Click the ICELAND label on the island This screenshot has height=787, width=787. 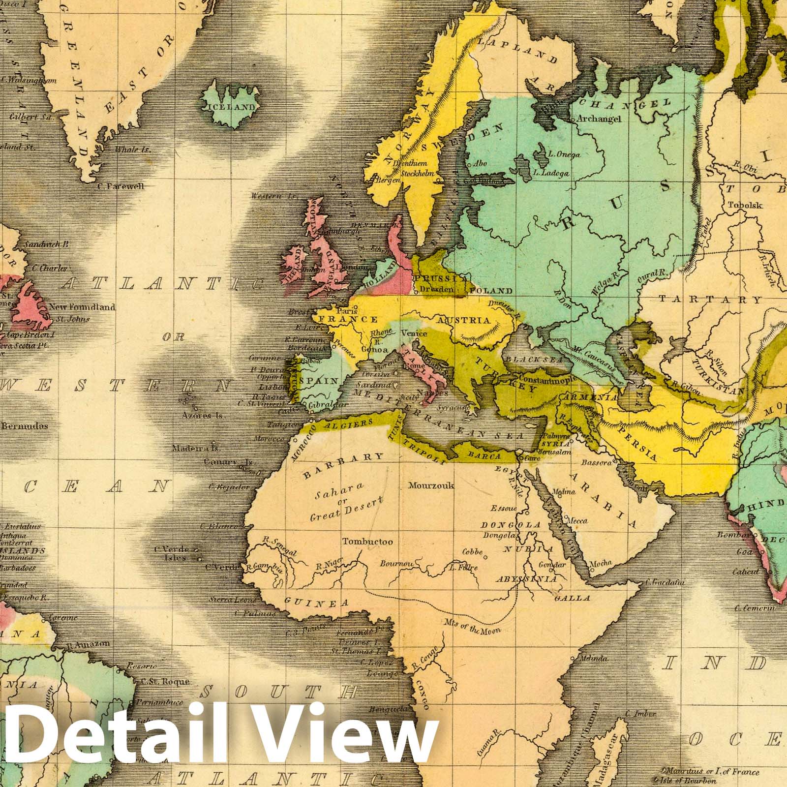tap(232, 107)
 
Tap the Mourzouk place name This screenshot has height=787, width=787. tap(431, 485)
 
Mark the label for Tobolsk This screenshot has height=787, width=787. tap(745, 205)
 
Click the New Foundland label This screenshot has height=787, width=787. tap(82, 307)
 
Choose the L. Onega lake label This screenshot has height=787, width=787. tap(564, 154)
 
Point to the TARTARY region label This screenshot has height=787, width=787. tap(710, 299)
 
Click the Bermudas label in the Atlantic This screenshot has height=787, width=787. tap(24, 425)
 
